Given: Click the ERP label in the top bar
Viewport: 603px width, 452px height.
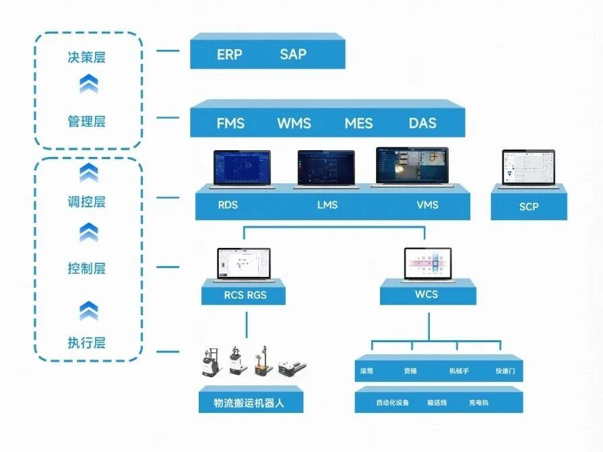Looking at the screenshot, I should click(229, 55).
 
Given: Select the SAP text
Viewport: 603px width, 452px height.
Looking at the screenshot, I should click(293, 55).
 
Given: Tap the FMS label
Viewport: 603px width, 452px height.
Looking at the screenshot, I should click(230, 123).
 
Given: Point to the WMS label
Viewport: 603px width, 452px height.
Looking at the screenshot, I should click(294, 123).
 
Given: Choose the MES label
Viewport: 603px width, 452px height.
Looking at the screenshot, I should click(358, 123).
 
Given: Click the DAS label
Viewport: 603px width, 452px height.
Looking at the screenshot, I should click(422, 123).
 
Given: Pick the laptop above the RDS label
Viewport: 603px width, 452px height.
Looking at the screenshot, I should click(242, 169).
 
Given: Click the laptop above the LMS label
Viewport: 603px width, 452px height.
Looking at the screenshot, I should click(326, 169).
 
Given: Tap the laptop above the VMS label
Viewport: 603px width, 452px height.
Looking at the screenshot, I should click(412, 167).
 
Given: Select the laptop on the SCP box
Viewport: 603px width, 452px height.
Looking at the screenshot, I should click(528, 168).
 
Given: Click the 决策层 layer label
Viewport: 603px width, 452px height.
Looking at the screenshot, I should click(87, 57).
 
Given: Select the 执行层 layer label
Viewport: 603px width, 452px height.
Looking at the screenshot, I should click(87, 343).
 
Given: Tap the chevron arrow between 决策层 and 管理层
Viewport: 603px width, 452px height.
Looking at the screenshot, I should click(88, 84).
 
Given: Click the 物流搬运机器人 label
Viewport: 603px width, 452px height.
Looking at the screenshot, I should click(251, 403).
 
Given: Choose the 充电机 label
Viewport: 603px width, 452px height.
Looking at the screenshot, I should click(478, 403).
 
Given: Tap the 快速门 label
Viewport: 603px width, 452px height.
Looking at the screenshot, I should click(505, 371).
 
